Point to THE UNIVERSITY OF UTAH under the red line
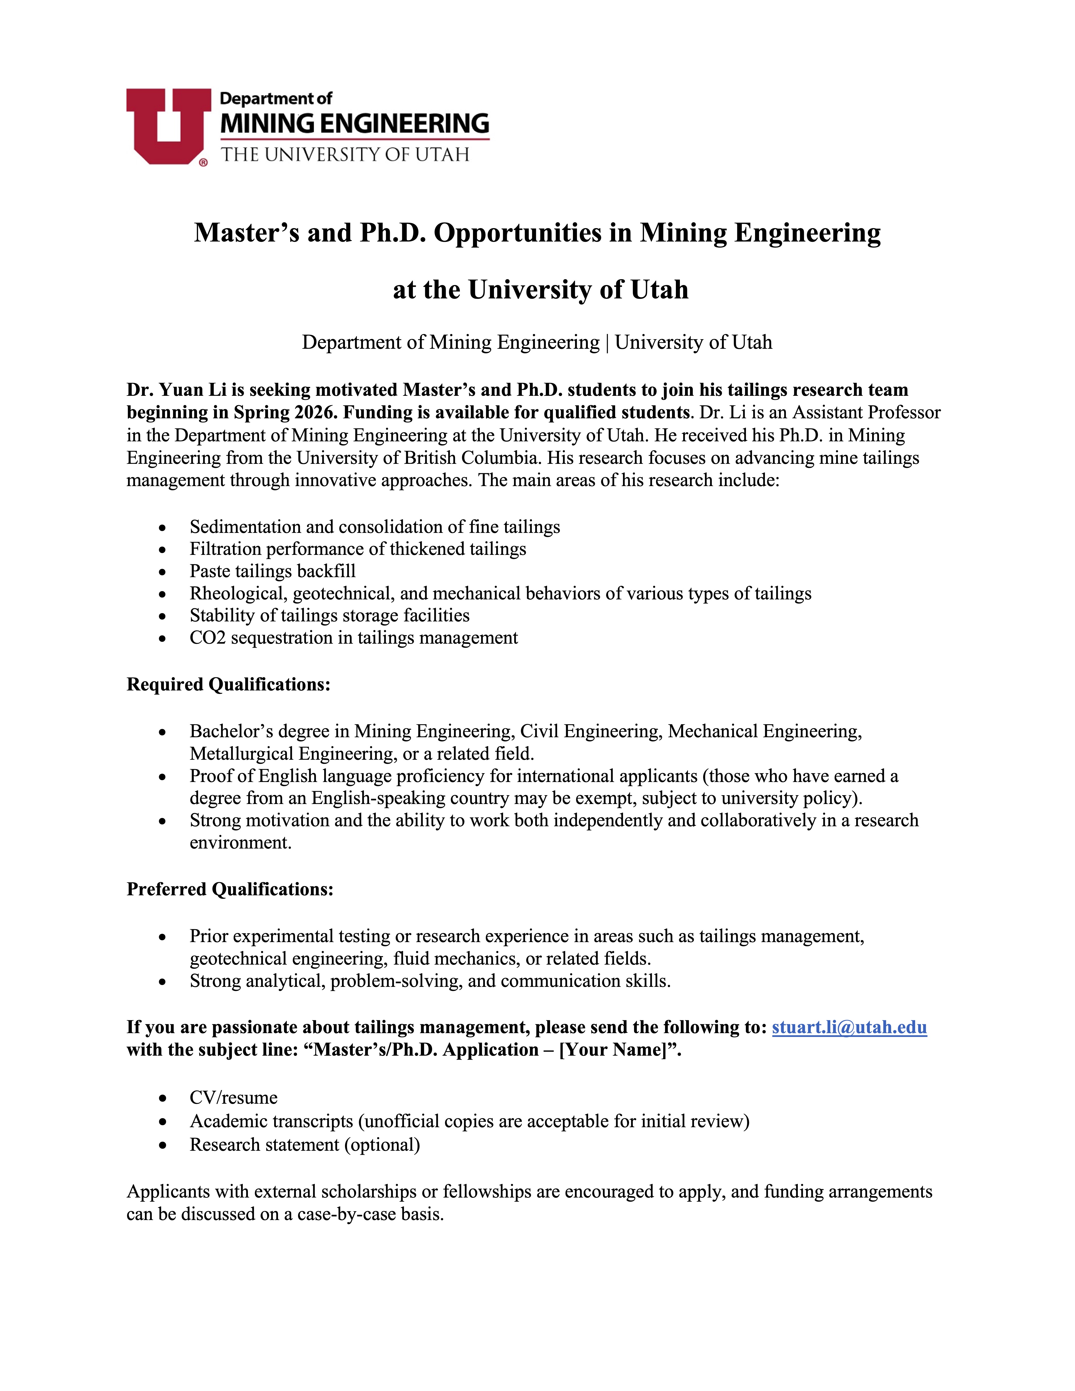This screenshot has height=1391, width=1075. point(345,155)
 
